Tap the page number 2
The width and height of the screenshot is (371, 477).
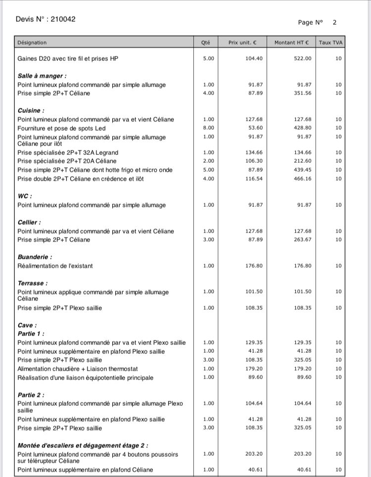(335, 22)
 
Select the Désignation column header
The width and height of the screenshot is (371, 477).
(32, 43)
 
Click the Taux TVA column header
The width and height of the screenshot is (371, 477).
(331, 43)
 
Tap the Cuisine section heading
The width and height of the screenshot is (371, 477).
(31, 111)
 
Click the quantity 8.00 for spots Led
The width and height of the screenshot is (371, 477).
(209, 128)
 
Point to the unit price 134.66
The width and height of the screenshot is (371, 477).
(254, 152)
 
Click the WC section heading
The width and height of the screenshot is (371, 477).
(25, 196)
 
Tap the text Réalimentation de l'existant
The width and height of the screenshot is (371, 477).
(55, 266)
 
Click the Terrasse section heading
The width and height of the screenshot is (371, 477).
(33, 284)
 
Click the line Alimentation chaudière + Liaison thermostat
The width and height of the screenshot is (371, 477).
(78, 369)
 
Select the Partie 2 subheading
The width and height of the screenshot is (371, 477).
(31, 395)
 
